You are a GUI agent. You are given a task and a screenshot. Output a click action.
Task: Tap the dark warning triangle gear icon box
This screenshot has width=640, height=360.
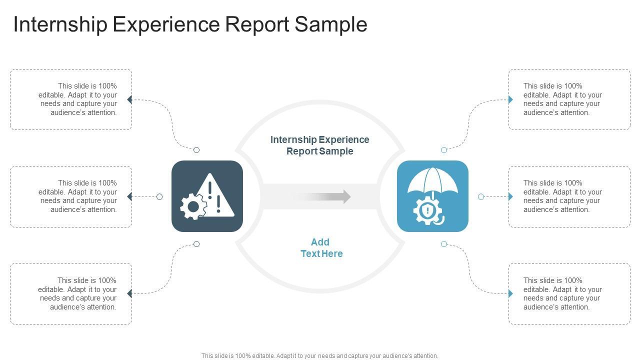click(207, 196)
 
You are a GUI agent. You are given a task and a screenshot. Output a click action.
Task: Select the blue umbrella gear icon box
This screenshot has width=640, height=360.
click(432, 196)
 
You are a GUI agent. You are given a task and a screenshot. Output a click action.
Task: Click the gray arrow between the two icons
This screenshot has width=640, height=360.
click(322, 196)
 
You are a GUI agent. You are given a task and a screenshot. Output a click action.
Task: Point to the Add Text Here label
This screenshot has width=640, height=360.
click(321, 248)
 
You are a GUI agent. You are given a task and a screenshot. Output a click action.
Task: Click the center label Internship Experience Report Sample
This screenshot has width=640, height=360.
click(320, 145)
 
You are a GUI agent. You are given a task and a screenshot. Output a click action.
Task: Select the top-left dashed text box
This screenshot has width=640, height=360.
click(71, 99)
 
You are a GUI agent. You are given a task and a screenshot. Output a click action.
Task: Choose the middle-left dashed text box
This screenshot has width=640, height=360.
click(71, 196)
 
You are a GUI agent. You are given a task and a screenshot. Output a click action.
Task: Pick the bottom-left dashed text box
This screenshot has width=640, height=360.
click(71, 293)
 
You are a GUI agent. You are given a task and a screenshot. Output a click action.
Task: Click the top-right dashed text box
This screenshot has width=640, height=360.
click(569, 99)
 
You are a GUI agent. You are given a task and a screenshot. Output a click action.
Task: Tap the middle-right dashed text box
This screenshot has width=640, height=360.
click(569, 196)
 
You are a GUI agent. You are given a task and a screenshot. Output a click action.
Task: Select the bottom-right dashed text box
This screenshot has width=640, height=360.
click(569, 293)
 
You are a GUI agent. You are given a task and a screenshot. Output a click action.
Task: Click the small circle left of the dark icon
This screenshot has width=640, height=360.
click(159, 197)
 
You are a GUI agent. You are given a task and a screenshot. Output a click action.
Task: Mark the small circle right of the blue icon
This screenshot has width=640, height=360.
click(481, 197)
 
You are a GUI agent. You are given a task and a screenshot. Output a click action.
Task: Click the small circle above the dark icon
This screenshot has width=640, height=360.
click(196, 150)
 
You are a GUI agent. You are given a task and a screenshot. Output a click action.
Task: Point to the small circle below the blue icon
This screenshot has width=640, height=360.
click(444, 244)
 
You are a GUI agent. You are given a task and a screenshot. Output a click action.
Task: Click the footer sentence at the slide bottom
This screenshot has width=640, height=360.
click(320, 356)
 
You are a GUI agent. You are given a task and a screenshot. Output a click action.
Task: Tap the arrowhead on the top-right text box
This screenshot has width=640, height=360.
click(510, 99)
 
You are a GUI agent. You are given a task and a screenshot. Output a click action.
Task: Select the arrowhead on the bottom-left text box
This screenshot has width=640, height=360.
click(129, 293)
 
